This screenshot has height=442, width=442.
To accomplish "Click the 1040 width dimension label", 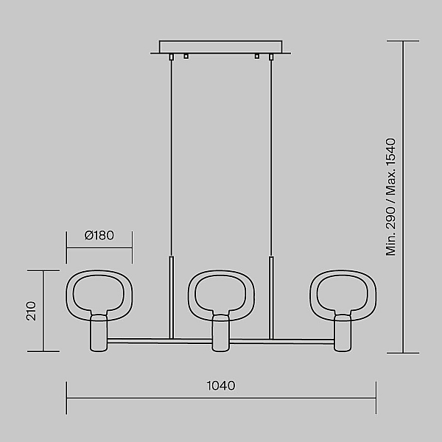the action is point(221,385).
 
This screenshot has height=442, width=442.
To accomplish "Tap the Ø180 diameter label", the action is point(99,236).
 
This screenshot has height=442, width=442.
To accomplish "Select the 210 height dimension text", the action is point(31,311).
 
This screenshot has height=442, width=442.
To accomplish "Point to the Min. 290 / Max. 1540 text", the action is point(390,197).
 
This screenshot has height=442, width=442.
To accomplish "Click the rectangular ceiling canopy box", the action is point(221,47).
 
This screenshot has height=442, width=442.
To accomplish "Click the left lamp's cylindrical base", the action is point(99,334).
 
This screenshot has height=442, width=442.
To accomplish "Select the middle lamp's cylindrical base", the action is point(221,334).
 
